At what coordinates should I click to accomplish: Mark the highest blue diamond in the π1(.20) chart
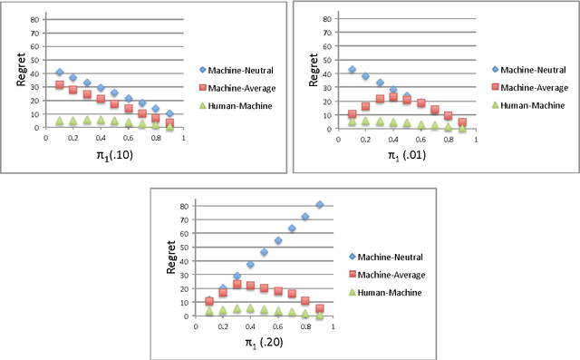[x=320, y=205]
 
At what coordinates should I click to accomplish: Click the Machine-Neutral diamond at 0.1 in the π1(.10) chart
[x=60, y=73]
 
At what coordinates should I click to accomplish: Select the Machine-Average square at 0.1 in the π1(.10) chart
[x=60, y=85]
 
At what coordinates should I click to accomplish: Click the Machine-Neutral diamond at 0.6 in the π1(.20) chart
[x=278, y=240]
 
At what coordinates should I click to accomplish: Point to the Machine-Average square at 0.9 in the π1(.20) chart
[x=320, y=308]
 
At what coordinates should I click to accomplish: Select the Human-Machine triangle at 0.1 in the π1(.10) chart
[x=60, y=121]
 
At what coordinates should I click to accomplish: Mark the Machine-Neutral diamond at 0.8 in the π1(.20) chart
[x=305, y=217]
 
